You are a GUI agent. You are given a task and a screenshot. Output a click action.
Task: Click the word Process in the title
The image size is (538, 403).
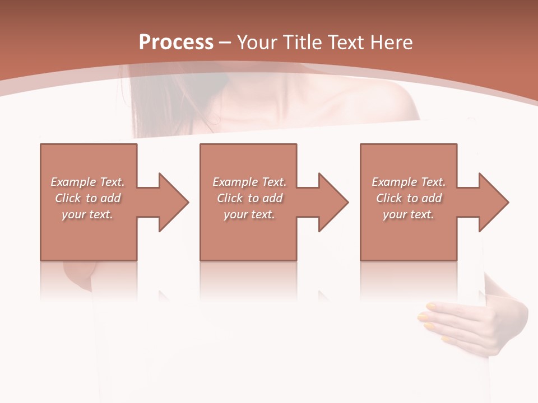pos(176,42)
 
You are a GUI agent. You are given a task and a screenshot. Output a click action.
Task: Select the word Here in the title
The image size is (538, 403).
pos(391,42)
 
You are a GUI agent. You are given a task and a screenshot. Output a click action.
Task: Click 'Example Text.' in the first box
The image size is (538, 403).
pos(88,182)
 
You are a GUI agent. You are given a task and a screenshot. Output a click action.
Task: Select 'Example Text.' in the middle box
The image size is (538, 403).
pos(249,182)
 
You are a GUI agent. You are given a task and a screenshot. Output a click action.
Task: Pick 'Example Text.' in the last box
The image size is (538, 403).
pos(409,182)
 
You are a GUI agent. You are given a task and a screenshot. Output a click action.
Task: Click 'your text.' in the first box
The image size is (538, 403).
pos(87,214)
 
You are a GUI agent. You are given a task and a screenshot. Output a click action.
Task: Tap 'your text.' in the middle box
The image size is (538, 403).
pos(249,214)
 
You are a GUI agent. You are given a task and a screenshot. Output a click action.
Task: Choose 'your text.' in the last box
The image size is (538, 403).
pos(408,214)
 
